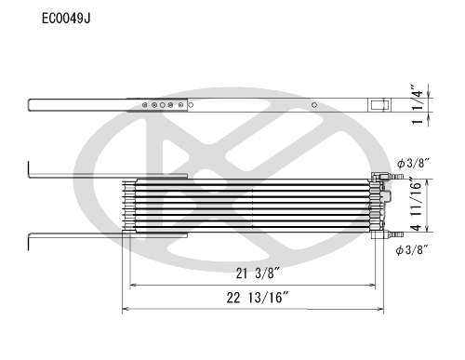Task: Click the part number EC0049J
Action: [x=66, y=19]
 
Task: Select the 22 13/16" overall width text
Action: [x=258, y=298]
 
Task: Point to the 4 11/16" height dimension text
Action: [x=417, y=205]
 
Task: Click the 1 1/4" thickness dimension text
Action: [x=417, y=104]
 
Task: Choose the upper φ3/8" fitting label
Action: [x=413, y=163]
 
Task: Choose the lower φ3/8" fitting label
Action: [x=412, y=249]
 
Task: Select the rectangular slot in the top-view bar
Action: [x=378, y=105]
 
